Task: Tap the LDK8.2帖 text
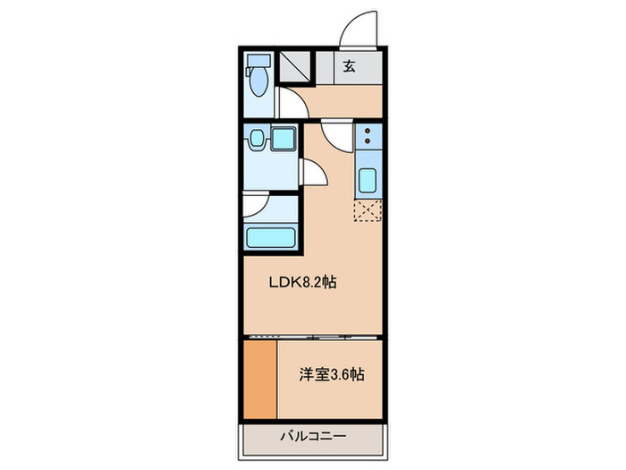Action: tap(303, 282)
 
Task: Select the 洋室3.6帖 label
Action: tap(331, 374)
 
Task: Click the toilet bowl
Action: tap(258, 83)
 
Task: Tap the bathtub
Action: tap(270, 238)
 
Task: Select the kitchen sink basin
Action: tap(368, 181)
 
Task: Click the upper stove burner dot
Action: tap(368, 132)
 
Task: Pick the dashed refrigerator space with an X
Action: tap(368, 211)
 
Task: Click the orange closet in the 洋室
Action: tap(259, 377)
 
